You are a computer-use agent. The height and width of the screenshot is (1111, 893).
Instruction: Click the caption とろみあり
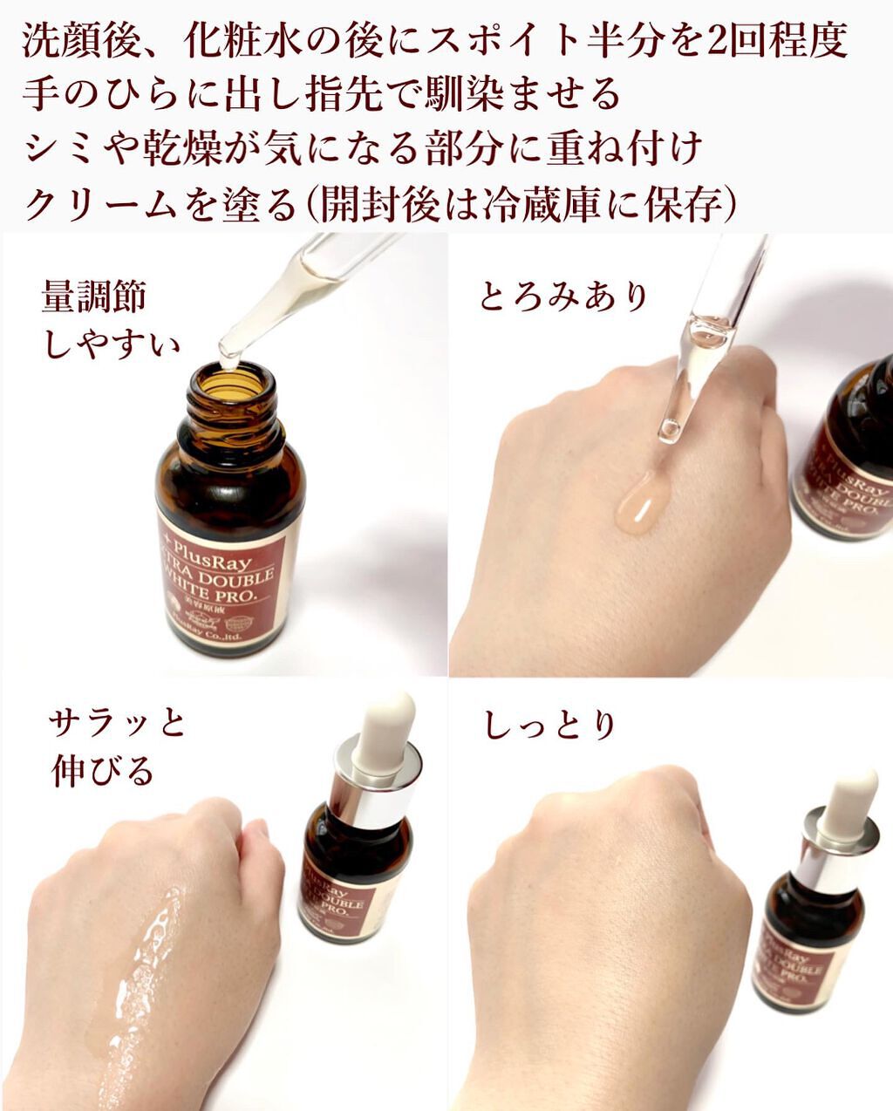point(563,296)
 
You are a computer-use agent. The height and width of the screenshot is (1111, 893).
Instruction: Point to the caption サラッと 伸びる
point(115,747)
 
